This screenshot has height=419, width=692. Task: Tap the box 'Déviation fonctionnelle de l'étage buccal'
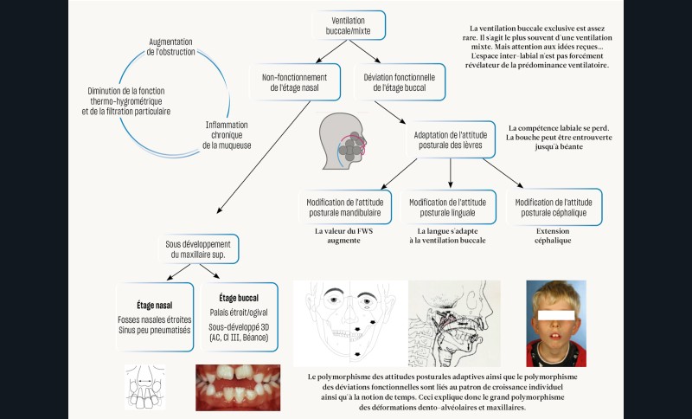(400, 82)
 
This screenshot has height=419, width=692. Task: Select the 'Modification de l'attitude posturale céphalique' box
(554, 207)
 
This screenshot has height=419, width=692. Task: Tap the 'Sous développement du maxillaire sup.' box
(200, 250)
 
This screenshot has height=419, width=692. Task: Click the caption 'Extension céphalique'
(554, 237)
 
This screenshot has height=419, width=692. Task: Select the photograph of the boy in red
(555, 322)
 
